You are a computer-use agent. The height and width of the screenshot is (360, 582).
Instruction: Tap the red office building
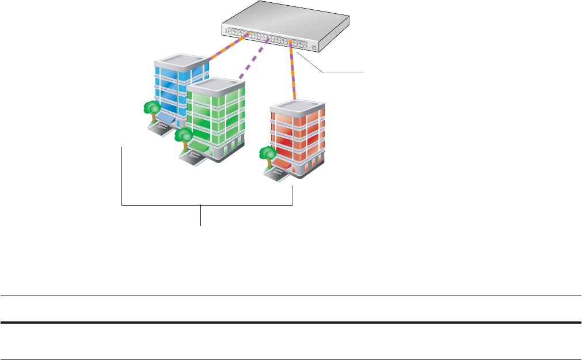tap(296, 135)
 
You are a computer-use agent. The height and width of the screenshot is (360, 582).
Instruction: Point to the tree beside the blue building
tap(152, 108)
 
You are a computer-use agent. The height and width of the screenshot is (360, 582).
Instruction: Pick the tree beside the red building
tap(267, 154)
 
